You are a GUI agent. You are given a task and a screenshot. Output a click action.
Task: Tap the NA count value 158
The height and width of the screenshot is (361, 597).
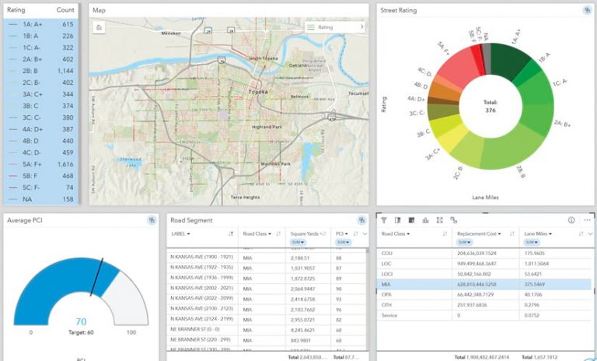tap(68, 198)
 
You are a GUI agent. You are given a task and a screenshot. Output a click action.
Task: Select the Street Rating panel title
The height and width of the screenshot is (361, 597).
tap(399, 10)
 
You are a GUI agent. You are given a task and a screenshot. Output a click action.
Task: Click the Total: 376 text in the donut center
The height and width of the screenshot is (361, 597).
tap(491, 106)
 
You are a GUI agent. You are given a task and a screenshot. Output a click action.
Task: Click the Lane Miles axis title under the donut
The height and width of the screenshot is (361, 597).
tap(490, 197)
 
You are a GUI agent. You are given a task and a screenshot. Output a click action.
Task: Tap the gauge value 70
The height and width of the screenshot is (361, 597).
tap(81, 321)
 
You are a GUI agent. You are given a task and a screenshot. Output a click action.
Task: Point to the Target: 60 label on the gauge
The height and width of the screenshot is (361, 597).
tap(81, 332)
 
